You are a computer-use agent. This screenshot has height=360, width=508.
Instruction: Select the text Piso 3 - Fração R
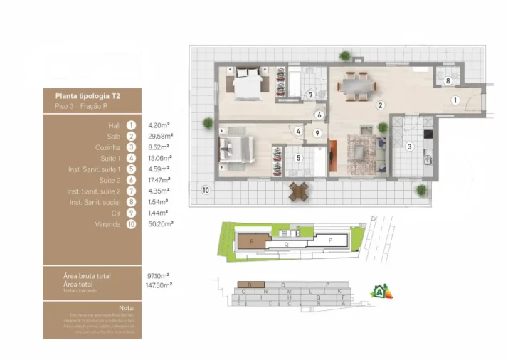tap(81, 106)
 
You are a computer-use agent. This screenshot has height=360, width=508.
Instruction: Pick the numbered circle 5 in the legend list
tap(131, 169)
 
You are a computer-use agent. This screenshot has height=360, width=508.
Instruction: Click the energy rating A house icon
tap(381, 291)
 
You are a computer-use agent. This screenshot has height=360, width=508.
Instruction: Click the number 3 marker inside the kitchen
tap(409, 147)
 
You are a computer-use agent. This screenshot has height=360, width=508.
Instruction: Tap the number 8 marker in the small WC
tap(447, 81)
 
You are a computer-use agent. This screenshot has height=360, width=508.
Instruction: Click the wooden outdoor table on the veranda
tap(299, 191)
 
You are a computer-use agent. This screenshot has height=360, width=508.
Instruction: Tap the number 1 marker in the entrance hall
tap(455, 100)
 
